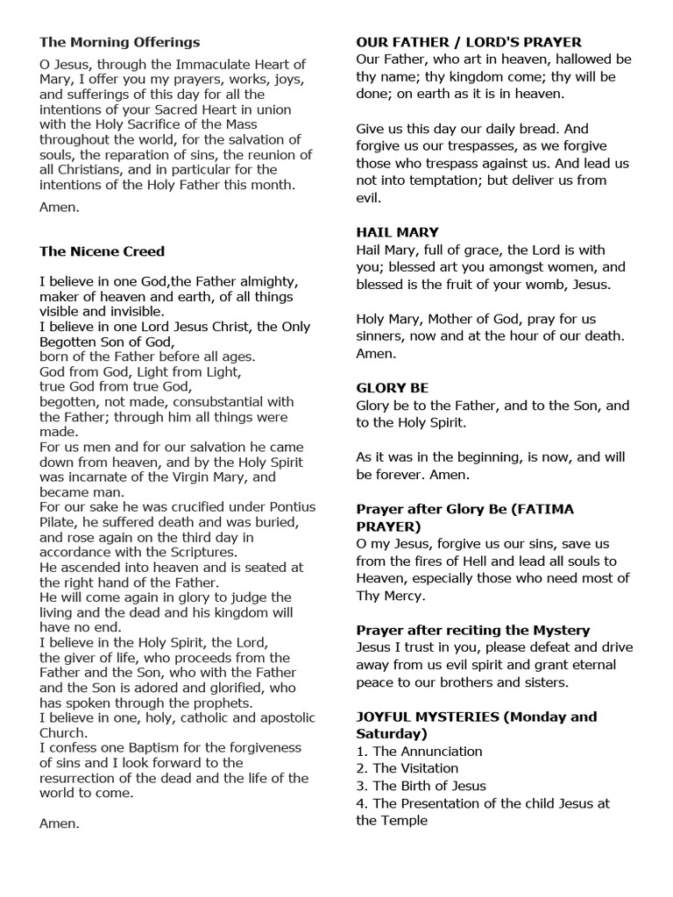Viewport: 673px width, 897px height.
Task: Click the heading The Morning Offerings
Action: coord(120,42)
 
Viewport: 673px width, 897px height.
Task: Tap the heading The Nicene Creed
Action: coord(102,251)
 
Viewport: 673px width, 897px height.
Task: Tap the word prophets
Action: coord(218,703)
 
